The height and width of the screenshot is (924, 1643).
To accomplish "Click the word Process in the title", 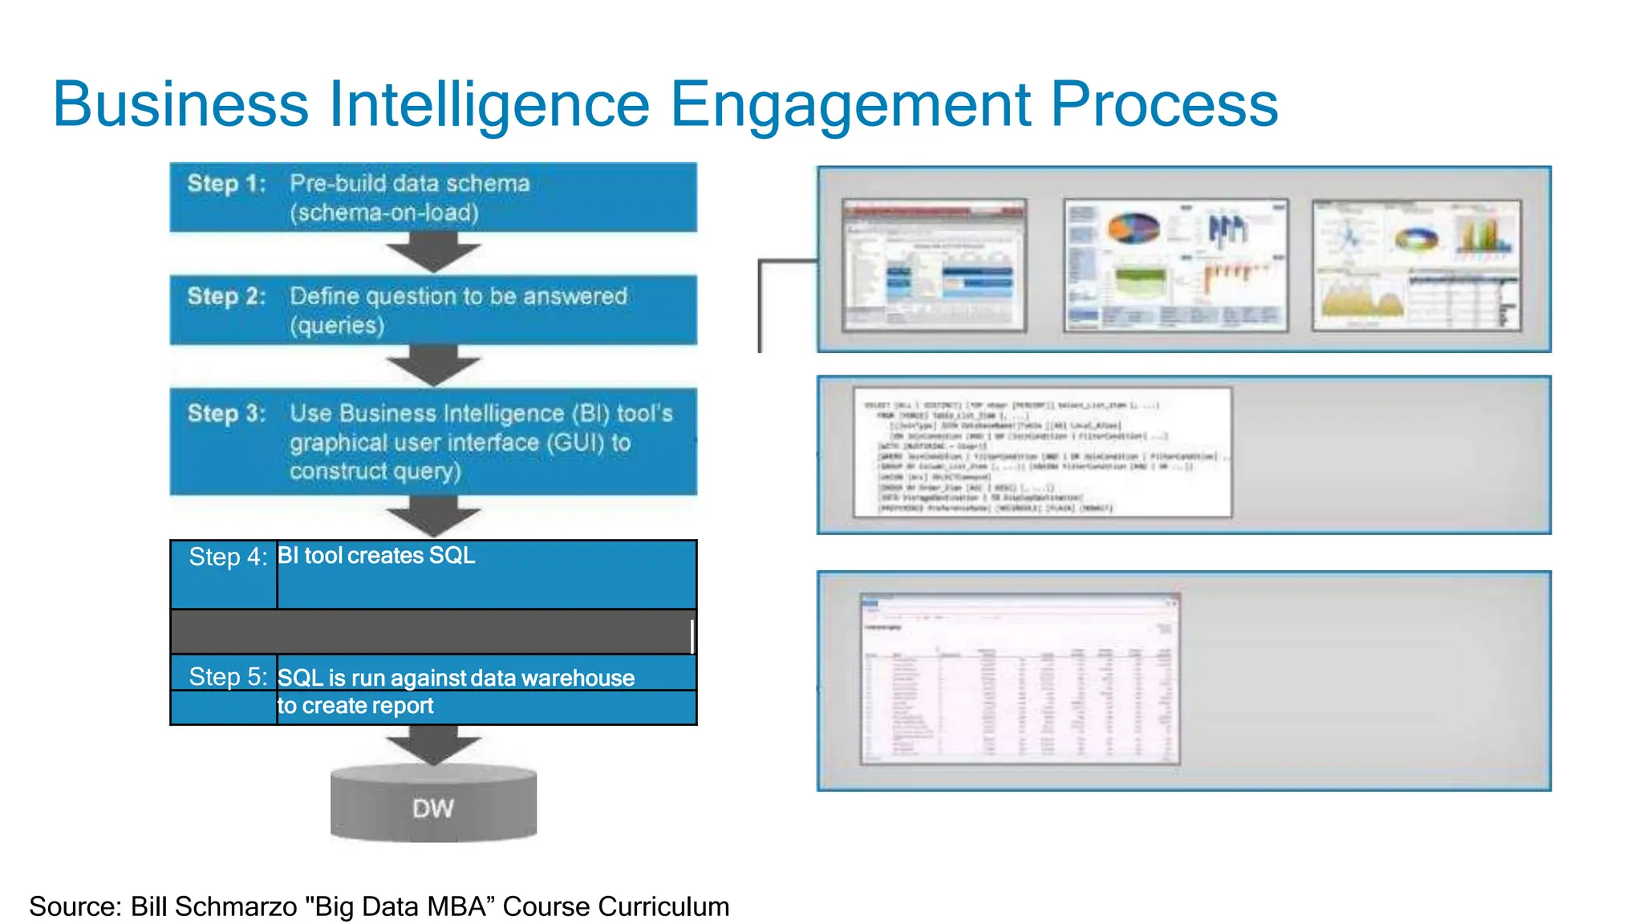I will pos(1164,105).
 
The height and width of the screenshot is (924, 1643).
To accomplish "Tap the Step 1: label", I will pos(226,184).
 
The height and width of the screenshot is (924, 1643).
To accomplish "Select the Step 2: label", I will pos(226,297).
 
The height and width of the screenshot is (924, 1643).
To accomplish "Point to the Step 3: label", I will pos(226,414).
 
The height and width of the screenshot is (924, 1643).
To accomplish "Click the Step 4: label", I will pos(228,557).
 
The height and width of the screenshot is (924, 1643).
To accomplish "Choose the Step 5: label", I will pos(228,677).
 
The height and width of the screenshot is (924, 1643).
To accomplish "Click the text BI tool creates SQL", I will pos(376,556).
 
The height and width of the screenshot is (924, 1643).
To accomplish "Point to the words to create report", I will pos(355,706).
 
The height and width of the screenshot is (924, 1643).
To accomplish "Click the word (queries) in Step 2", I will pos(337,326).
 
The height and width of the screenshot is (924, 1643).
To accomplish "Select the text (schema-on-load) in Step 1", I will pos(384,213).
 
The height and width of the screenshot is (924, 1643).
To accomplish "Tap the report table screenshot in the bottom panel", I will pos(1020,679).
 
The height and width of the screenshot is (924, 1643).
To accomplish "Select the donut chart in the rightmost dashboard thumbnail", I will pos(1417,239).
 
